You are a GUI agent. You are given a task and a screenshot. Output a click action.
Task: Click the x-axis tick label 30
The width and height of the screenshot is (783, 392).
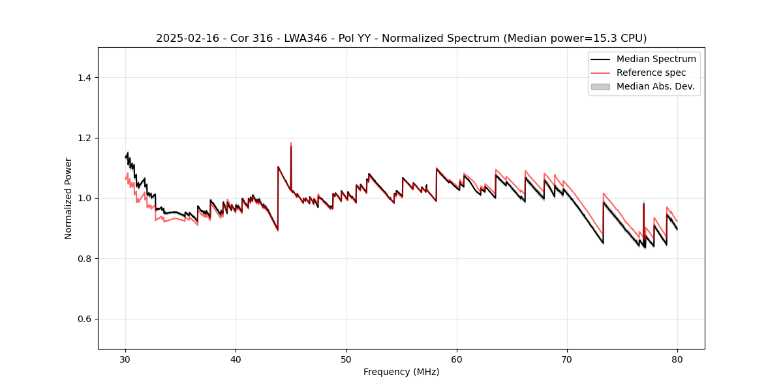(x=125, y=359)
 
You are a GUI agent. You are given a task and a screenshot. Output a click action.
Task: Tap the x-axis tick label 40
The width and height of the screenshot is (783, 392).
(x=236, y=359)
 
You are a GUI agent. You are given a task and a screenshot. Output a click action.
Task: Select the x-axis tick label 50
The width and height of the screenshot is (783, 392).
(x=346, y=359)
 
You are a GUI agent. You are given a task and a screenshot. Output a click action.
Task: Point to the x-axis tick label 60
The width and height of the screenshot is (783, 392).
(x=457, y=359)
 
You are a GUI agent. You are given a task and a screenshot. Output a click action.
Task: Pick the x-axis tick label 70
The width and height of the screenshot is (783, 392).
(x=567, y=359)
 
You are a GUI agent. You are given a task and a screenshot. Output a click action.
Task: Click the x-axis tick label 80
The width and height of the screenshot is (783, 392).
(x=677, y=359)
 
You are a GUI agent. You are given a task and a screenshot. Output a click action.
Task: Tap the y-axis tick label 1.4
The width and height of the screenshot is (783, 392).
(x=84, y=78)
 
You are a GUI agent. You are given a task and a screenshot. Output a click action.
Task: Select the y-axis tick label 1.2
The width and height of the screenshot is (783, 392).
(x=84, y=138)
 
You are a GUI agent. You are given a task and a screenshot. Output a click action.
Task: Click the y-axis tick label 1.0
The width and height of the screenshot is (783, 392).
(x=84, y=198)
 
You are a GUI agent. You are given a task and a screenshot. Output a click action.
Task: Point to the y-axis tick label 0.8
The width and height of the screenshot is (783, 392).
(x=84, y=259)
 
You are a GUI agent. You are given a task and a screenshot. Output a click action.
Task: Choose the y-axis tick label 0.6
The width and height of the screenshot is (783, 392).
(x=84, y=319)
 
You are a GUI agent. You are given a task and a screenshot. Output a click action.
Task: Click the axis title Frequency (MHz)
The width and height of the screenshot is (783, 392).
(x=401, y=372)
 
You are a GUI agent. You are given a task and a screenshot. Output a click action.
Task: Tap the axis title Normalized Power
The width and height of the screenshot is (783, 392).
(x=69, y=198)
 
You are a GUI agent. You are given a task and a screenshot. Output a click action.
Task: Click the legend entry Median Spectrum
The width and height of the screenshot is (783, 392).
(x=656, y=59)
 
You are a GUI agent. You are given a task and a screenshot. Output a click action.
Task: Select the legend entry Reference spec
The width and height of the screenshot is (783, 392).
(x=651, y=73)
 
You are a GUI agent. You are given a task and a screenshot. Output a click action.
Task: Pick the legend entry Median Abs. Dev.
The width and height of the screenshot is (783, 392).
(x=655, y=86)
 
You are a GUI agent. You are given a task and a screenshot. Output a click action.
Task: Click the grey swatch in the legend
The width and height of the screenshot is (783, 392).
(x=600, y=86)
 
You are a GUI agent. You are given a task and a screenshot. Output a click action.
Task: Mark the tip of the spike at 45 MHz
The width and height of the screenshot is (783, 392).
(x=291, y=142)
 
